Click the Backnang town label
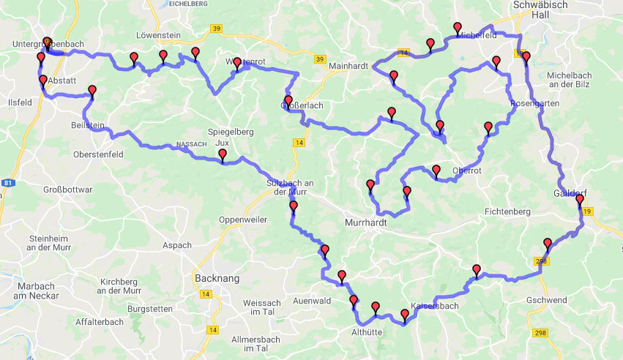click(x=216, y=279)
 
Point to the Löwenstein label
click(x=159, y=35)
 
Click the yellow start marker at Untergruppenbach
click(x=47, y=42)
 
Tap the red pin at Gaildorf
click(x=580, y=200)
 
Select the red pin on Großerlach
click(x=288, y=101)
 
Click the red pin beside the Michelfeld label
click(x=458, y=29)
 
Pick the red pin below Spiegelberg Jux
click(x=223, y=154)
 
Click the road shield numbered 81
click(x=6, y=183)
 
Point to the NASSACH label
click(x=192, y=145)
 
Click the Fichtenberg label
click(x=507, y=211)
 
